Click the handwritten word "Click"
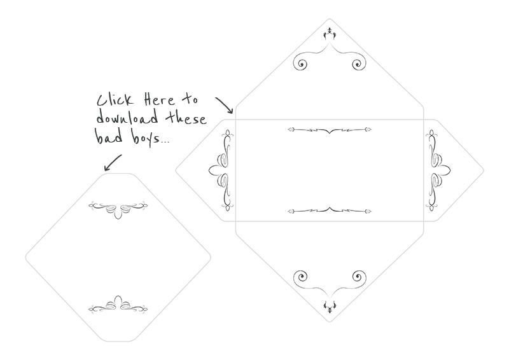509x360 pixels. click(x=115, y=100)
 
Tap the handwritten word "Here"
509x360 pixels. click(x=160, y=99)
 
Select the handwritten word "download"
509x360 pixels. click(x=127, y=117)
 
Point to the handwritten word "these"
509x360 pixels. click(x=186, y=118)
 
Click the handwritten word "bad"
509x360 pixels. click(x=109, y=136)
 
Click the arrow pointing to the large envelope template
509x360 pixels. click(x=225, y=105)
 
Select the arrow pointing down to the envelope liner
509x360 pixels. click(x=113, y=162)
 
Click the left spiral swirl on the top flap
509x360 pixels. click(x=300, y=64)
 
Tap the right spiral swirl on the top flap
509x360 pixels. click(x=359, y=64)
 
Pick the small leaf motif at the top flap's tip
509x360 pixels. click(x=330, y=34)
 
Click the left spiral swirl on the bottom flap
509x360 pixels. click(x=300, y=277)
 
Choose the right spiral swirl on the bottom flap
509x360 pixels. click(x=359, y=277)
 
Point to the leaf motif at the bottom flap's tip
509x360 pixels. click(x=330, y=307)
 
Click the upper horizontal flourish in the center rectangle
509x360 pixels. click(x=330, y=130)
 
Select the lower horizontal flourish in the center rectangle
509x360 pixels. click(x=330, y=211)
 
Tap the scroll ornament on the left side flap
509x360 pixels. click(x=221, y=170)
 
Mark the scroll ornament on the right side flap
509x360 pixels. click(x=438, y=170)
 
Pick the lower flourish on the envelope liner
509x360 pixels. click(x=118, y=305)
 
